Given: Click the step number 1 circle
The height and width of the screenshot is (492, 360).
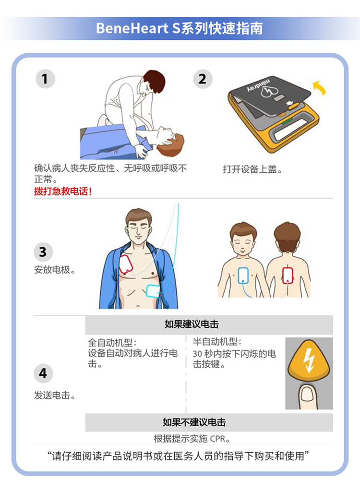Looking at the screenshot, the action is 45,78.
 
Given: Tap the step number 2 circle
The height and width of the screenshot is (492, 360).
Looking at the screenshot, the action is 203,79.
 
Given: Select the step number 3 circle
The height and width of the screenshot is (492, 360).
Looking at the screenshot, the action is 43,252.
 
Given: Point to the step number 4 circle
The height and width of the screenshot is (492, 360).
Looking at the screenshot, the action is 43,373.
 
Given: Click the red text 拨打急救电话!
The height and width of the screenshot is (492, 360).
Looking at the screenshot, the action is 63,191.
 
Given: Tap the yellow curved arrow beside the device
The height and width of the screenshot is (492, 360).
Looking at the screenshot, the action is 320,87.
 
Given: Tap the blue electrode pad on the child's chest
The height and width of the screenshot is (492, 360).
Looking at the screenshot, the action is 243,276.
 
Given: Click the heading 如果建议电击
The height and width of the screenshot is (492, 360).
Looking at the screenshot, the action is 192,324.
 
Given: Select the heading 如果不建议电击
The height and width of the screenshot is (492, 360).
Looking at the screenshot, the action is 194,422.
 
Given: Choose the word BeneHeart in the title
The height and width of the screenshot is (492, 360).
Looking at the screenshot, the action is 132,28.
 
